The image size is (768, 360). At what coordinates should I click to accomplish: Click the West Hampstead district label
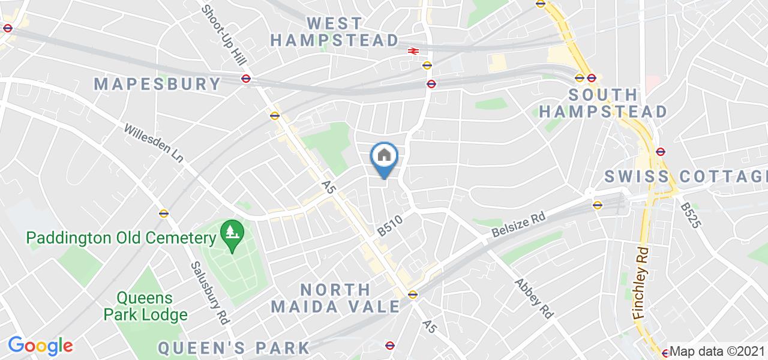pos(334,32)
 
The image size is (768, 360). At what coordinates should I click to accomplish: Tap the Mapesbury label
pos(157,83)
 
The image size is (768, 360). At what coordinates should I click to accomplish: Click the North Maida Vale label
pos(335,298)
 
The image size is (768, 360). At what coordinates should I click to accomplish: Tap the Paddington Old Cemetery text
pos(121,238)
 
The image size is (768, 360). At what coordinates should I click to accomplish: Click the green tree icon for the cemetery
pos(230,230)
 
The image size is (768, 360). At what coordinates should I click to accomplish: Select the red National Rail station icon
pos(413,51)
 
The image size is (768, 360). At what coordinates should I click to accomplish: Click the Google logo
pos(40,346)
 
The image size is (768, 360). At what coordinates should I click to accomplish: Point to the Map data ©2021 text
pos(718,352)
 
